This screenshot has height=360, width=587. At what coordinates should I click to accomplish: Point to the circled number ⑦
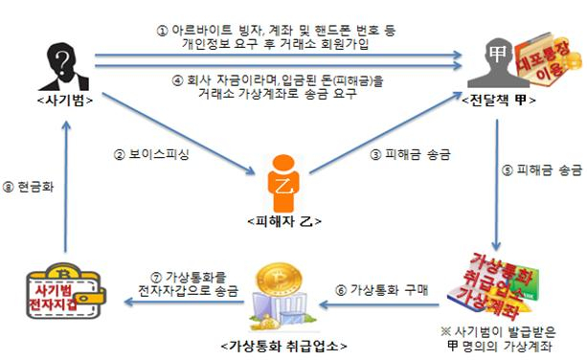(x=147, y=278)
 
